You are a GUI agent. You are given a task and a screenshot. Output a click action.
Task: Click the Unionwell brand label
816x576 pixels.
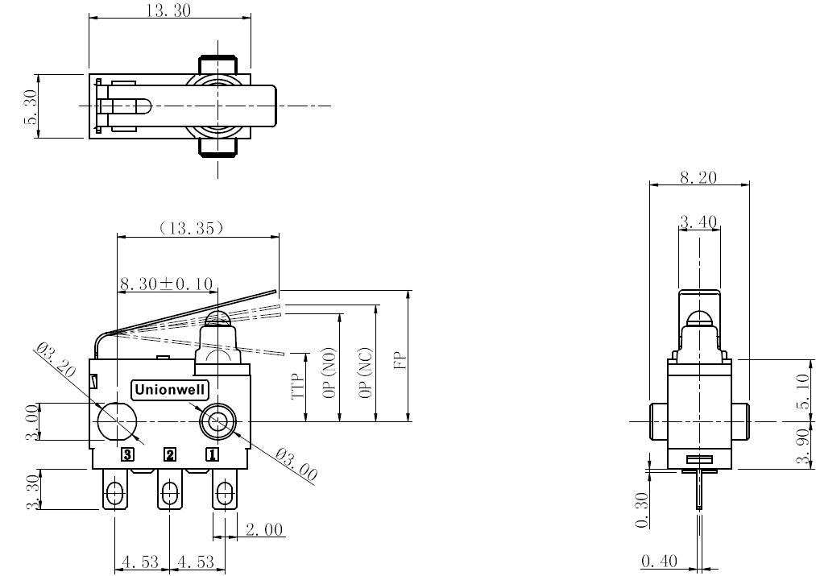[170, 390]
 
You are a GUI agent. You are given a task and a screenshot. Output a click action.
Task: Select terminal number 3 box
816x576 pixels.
[127, 455]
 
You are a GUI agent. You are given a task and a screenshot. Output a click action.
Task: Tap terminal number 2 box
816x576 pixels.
[170, 455]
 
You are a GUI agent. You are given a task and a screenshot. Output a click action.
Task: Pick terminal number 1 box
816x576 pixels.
[213, 455]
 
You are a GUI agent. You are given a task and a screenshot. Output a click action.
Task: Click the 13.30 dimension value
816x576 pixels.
[168, 10]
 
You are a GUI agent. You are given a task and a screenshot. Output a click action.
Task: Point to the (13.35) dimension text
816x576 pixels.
[192, 228]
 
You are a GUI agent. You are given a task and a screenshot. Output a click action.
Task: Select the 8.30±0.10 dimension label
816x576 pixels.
[166, 284]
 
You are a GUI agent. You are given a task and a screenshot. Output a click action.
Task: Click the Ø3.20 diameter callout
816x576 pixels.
[56, 361]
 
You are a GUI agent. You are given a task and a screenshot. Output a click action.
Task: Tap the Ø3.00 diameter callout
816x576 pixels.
[296, 464]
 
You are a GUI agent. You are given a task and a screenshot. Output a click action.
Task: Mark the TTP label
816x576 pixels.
[297, 386]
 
